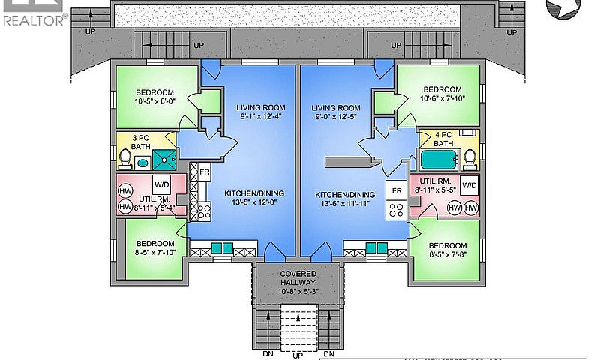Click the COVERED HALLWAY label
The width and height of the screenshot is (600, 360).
pos(298,278)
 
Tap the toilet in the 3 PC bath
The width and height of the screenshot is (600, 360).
pos(124,159)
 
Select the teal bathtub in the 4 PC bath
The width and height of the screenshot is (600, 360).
pos(439,160)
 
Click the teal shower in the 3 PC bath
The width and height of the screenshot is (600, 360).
pos(164,160)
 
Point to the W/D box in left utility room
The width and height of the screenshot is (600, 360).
pos(162,185)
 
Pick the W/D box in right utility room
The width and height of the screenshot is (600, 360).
pos(469,185)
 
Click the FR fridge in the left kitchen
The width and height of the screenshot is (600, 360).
pos(205,172)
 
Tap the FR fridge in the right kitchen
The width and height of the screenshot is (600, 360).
pos(397,190)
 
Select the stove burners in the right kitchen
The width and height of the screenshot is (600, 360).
pos(397,210)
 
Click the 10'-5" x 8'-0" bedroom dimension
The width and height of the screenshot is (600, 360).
pos(155,101)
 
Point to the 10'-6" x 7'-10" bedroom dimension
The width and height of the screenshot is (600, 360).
pos(442,98)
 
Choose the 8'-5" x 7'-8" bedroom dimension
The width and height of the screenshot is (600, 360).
pos(447,254)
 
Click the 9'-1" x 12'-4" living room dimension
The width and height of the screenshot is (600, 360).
pos(260,116)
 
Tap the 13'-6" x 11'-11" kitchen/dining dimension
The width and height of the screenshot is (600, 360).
pos(345,204)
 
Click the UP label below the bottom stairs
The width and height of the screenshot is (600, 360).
pos(298,355)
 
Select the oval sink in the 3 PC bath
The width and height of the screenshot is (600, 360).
pos(142,163)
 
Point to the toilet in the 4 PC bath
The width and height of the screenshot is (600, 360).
pos(469,159)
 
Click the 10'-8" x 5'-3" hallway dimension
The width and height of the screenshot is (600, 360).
pos(298,292)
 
